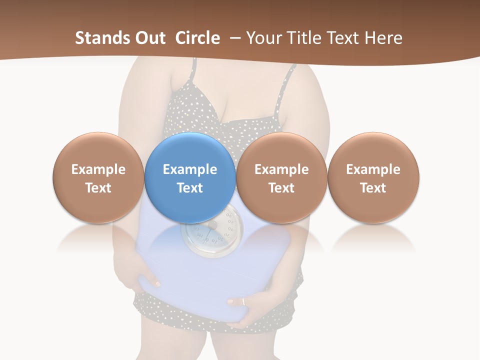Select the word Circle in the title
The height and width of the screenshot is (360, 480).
(197, 38)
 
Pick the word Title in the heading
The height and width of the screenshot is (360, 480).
(304, 38)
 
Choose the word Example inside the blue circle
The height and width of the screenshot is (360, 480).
(190, 169)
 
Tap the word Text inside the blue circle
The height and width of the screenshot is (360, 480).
(190, 188)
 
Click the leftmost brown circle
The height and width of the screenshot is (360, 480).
(98, 150)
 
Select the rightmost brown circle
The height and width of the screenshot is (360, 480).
(373, 150)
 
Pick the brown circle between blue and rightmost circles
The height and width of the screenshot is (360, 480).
(281, 150)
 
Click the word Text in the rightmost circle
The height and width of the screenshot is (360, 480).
(373, 188)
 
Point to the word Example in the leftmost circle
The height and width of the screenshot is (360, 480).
(98, 169)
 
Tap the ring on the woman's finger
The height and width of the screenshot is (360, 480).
(243, 301)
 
